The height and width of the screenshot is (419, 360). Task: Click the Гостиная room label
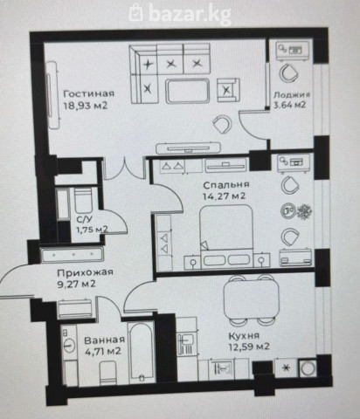89,93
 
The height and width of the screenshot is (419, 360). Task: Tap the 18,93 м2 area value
86,105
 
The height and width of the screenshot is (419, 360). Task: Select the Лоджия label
292,95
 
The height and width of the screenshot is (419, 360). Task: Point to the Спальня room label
226,185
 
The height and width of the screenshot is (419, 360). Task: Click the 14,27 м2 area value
224,196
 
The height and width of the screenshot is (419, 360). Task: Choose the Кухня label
244,336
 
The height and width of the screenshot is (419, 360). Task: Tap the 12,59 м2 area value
249,347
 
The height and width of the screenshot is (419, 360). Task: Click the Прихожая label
85,273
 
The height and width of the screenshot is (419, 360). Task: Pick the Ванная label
104,340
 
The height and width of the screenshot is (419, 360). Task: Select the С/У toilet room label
82,219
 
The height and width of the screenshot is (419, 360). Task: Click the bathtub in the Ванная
142,353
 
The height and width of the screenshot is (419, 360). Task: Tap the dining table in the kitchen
251,300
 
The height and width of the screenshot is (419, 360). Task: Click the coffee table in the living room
187,91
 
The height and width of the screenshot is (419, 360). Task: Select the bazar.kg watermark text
180,13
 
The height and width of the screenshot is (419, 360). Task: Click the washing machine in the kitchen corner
308,368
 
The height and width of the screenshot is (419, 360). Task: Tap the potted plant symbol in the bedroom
304,210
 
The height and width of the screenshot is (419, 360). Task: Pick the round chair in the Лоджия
289,72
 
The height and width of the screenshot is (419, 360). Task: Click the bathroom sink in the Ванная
69,346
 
